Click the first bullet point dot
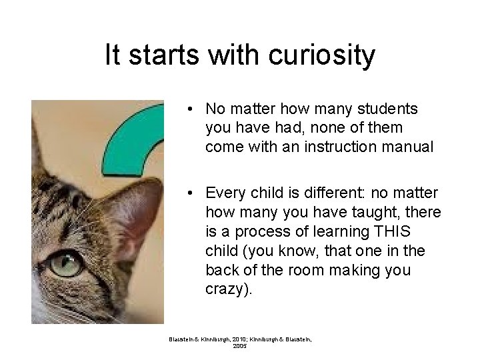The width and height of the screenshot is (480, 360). pyautogui.click(x=191, y=109)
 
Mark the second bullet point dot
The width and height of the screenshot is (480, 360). pyautogui.click(x=191, y=194)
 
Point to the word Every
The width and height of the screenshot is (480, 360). pyautogui.click(x=224, y=193)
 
